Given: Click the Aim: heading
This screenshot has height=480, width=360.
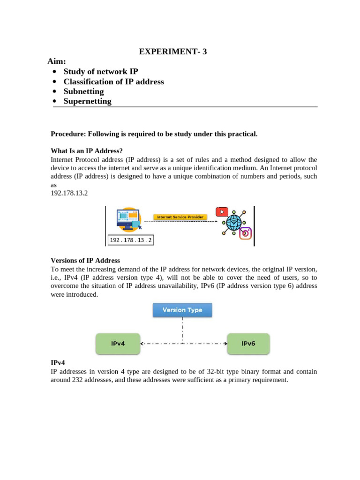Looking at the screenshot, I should (x=57, y=62).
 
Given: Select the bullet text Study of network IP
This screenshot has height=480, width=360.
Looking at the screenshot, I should (x=101, y=72).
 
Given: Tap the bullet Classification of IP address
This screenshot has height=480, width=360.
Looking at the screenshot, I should (x=113, y=82).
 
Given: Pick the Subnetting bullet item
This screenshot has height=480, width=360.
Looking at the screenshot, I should (x=83, y=91).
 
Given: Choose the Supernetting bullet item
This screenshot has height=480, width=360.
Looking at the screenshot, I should (x=87, y=101).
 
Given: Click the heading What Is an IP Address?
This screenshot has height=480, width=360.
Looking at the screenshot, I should (x=87, y=151).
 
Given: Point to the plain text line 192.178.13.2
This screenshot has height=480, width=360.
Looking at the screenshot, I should (x=69, y=193).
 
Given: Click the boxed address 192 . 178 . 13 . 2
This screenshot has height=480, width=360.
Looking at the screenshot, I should (x=131, y=240).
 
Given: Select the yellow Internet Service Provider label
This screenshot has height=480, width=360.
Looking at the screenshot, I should (x=180, y=217).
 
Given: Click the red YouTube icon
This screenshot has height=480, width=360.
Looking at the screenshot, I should (x=222, y=212).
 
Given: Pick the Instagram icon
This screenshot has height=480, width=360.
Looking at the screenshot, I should (x=246, y=233).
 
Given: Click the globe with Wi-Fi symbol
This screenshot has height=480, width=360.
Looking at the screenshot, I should (x=233, y=222).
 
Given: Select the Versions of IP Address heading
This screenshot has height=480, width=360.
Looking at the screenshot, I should (x=85, y=261).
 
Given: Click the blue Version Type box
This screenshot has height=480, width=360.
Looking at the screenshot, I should (x=182, y=310).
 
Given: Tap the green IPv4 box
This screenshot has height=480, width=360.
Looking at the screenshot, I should (x=118, y=344).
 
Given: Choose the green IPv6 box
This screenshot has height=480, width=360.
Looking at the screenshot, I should (x=248, y=344).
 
